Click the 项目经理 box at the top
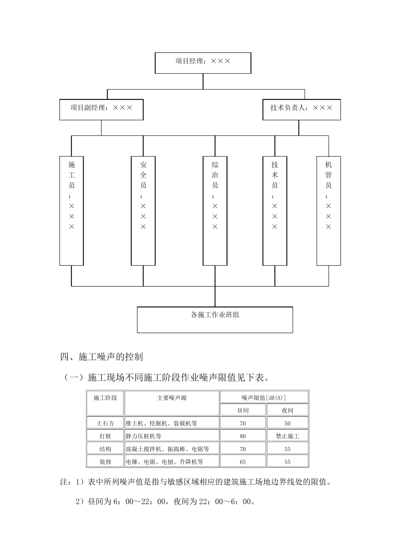tap(203, 63)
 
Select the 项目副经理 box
tap(101, 109)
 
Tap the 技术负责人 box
tap(301, 109)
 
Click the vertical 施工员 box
tap(72, 211)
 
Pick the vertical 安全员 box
tap(143, 211)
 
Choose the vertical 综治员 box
tap(215, 211)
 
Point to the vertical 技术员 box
tap(275, 211)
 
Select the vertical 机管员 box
tap(328, 211)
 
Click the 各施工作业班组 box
tap(215, 319)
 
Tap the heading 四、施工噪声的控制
tap(101, 356)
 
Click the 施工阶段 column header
tap(105, 398)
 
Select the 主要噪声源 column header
tap(172, 398)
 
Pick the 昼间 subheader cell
tap(243, 411)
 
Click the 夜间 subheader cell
tap(287, 411)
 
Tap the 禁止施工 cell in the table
tap(287, 436)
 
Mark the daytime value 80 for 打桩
tap(243, 436)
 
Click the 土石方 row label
tap(105, 423)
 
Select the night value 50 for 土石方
tap(287, 423)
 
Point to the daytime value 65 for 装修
tap(243, 462)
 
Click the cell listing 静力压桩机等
tap(172, 436)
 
